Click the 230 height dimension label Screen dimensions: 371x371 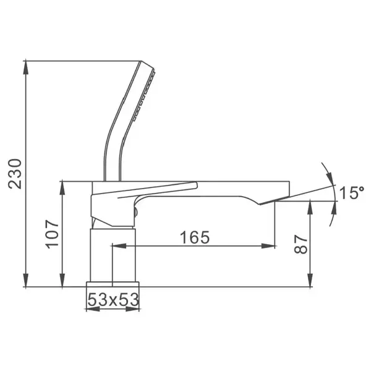(15, 174)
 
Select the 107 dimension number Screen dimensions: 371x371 (52, 234)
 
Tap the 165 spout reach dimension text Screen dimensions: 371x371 (195, 237)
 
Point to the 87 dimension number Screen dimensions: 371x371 (301, 244)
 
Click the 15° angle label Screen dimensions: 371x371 (352, 192)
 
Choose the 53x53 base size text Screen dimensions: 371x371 (113, 300)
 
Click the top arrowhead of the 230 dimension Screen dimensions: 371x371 (26, 68)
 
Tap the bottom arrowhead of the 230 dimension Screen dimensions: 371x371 (26, 280)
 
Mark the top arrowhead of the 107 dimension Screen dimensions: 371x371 (62, 189)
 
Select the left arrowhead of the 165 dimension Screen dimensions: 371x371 (119, 246)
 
